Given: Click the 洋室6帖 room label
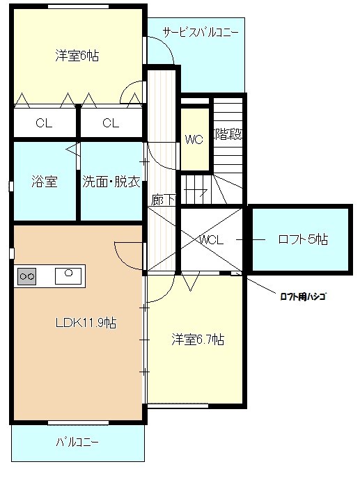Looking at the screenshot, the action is coord(77,56).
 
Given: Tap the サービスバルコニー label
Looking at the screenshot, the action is coord(201,32).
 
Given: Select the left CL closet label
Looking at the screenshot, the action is coord(44,123).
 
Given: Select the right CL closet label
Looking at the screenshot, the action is coord(111,123).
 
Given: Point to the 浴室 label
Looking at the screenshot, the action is coord(45,182).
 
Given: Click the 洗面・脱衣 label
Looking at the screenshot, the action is coord(111,182).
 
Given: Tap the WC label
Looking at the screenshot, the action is coord(194,140).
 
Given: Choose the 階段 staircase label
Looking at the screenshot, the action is coord(229,134).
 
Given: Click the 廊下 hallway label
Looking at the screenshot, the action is coord(163,200).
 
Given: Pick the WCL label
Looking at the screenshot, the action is coord(212,240).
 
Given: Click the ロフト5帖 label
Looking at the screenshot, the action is coord(303,239).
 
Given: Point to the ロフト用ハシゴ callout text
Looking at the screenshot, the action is coord(303,296).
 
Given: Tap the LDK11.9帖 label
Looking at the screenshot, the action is coord(86,323).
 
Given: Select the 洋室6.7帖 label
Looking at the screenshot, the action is coord(198,340).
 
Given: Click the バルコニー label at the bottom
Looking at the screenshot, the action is coord(77,442).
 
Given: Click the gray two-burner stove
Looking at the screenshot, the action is coord(27,276).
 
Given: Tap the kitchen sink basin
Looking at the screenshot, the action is coord(68,276).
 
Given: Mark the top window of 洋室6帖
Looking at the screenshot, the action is coord(79,6).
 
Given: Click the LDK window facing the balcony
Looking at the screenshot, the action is coord(79,422).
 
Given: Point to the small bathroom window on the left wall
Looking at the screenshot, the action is coord(11,186).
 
